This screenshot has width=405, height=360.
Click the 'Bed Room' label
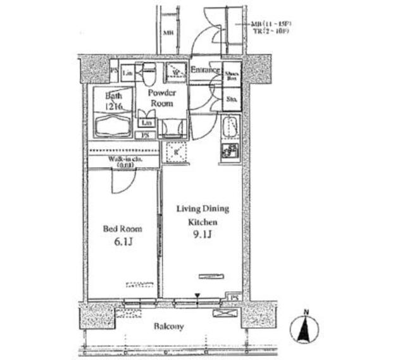click(x=122, y=229)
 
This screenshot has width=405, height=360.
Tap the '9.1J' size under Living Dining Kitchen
click(x=202, y=235)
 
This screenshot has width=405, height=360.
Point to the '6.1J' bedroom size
click(x=122, y=243)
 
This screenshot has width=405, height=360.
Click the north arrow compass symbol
click(x=304, y=328)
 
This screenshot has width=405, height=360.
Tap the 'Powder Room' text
click(x=162, y=97)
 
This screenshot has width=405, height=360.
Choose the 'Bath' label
click(x=114, y=96)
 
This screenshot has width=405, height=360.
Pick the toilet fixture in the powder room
click(x=149, y=76)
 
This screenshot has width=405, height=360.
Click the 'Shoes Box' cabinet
click(x=232, y=77)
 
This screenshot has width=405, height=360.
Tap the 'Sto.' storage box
click(x=232, y=99)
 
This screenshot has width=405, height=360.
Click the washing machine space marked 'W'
click(x=175, y=73)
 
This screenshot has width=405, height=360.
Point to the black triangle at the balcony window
click(x=197, y=295)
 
